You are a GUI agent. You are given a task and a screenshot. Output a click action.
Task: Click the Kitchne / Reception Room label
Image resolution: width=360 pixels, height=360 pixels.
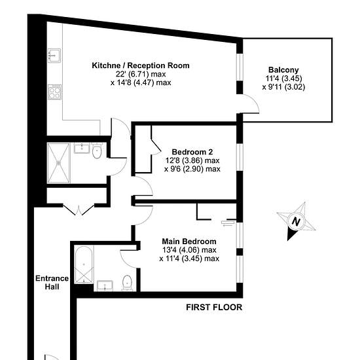pyautogui.click(x=141, y=65)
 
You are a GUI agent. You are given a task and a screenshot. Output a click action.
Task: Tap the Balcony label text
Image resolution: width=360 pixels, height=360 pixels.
pyautogui.click(x=283, y=70)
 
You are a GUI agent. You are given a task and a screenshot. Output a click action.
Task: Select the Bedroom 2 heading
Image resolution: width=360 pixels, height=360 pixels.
pyautogui.click(x=192, y=152)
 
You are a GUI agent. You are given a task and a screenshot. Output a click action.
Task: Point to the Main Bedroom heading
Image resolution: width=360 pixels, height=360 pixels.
pyautogui.click(x=189, y=242)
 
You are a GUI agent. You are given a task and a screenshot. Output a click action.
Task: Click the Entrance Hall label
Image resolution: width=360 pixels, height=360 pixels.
pyautogui.click(x=52, y=283)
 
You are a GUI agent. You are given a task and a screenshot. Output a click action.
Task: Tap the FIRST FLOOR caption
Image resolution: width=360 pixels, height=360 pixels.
pyautogui.click(x=214, y=307)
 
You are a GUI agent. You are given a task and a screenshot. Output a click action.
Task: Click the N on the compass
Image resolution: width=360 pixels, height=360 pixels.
pyautogui.click(x=296, y=222)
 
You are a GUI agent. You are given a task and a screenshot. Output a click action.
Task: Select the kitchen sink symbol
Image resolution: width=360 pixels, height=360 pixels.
pyautogui.click(x=54, y=56)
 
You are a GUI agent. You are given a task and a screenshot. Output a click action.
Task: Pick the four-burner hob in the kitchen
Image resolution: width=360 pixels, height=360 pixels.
pyautogui.click(x=54, y=92)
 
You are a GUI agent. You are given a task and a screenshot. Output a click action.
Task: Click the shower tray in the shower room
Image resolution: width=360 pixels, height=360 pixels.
pyautogui.click(x=58, y=163)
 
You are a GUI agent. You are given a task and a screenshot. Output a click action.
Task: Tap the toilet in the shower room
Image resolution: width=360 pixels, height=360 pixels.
pyautogui.click(x=97, y=151)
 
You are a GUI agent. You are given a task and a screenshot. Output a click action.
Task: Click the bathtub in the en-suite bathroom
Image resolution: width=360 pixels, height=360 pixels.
pyautogui.click(x=84, y=264)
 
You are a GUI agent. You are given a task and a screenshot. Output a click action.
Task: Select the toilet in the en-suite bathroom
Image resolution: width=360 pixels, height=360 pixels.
pyautogui.click(x=127, y=283)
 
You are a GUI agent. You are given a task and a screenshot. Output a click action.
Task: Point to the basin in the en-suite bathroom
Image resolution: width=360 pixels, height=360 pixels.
pyautogui.click(x=105, y=285)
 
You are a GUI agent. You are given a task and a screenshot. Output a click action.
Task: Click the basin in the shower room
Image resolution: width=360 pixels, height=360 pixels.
pyautogui.click(x=82, y=148)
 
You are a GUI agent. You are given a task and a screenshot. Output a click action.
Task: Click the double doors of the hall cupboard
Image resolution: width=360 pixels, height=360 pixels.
pyautogui.click(x=79, y=209)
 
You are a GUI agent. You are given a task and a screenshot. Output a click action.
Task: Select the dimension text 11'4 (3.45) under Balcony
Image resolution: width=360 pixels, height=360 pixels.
pyautogui.click(x=283, y=79)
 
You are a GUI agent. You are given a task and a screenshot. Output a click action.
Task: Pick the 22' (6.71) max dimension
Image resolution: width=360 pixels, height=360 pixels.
pyautogui.click(x=141, y=74)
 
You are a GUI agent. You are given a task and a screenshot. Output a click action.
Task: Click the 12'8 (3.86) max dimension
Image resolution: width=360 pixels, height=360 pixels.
pyautogui.click(x=192, y=160)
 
